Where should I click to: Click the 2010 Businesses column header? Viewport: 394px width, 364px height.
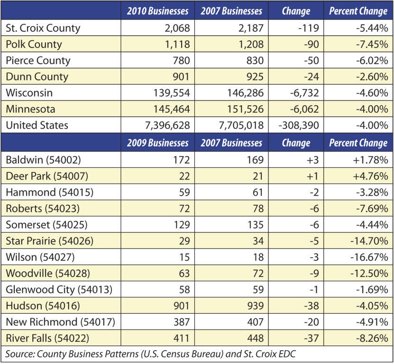coord(157,11)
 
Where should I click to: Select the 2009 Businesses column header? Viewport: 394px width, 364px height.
coord(157,143)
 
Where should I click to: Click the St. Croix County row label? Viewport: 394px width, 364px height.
coord(43,28)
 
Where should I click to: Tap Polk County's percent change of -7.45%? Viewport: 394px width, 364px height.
coord(372,44)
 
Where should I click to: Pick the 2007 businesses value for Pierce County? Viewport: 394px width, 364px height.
coord(255,61)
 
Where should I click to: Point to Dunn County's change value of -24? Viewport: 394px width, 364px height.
coord(312,77)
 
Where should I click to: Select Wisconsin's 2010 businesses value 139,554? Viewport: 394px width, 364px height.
coord(172,93)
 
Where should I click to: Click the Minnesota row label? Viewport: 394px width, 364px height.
coord(30,109)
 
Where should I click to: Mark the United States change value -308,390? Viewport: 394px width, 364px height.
coord(299,125)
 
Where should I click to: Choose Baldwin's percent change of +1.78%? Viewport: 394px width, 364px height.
coord(370,160)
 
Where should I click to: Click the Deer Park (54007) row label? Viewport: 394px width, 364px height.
coord(47,176)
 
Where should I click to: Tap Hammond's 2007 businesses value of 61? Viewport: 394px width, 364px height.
coord(258,192)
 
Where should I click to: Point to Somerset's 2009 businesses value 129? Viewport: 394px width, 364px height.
coord(182,225)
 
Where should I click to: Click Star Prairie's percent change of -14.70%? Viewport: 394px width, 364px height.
coord(369,241)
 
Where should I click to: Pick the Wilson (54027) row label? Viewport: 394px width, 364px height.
coord(40,257)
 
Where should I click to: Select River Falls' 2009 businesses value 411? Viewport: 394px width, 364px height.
coord(182,338)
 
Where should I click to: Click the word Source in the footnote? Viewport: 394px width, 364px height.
coord(20,354)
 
